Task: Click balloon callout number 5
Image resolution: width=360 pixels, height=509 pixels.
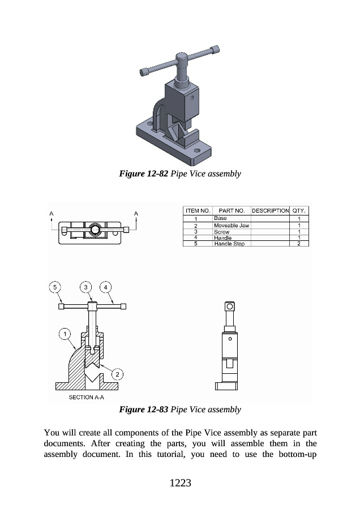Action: pos(55,287)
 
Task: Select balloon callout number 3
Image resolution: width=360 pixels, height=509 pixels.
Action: pos(86,287)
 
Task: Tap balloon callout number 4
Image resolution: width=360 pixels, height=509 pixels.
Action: pos(105,287)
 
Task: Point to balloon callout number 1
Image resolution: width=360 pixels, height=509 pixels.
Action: pos(65,334)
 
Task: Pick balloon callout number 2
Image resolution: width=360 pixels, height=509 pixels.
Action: pos(117,374)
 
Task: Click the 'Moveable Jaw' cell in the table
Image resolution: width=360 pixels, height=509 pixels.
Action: pos(232,225)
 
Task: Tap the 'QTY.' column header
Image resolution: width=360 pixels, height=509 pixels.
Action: pos(299,211)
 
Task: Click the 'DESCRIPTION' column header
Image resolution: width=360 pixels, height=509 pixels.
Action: pos(271,211)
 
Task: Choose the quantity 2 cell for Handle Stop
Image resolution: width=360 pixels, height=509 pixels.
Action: pos(299,243)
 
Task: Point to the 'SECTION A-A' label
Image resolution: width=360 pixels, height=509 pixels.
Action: pos(87,397)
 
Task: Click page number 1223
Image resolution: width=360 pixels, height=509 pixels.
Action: pos(181,483)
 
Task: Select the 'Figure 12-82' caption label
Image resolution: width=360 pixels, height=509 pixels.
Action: pos(144,174)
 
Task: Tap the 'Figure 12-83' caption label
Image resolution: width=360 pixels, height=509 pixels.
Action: pos(144,409)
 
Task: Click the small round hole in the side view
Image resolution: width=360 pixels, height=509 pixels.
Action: pos(230,339)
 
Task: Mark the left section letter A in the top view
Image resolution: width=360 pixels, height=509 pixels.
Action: pos(52,213)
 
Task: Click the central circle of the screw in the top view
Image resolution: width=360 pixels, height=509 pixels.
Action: pos(95,230)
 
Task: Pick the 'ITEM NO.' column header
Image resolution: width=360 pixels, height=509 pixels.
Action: pos(198,211)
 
